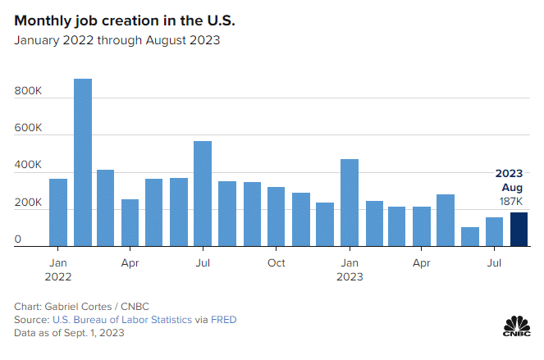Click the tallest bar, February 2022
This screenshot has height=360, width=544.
coord(83,162)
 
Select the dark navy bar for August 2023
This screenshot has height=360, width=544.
coord(519,230)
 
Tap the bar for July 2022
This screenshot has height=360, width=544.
coord(203,194)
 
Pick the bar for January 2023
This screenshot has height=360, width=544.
coord(350,203)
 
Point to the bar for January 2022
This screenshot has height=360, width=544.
coord(58,212)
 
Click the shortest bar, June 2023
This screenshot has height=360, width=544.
coord(470,236)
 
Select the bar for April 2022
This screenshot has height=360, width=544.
coord(130,223)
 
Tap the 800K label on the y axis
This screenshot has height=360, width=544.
coord(28,91)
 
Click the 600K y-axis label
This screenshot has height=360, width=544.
coord(28,128)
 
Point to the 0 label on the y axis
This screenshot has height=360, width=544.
coord(18,239)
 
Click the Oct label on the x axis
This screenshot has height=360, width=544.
coord(277,263)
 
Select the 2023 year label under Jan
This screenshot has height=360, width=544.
coord(350,276)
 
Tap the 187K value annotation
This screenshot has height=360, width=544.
coord(510,202)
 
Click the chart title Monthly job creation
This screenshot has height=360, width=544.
coord(125,21)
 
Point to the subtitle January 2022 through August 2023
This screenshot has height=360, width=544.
coord(117,40)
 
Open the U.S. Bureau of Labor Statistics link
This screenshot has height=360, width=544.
coord(122,320)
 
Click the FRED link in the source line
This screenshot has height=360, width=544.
coord(224,320)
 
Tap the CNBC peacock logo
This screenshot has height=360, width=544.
coord(517,326)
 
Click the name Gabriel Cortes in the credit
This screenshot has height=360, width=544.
coord(78,307)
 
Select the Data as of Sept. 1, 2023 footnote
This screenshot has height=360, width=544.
coord(69,333)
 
